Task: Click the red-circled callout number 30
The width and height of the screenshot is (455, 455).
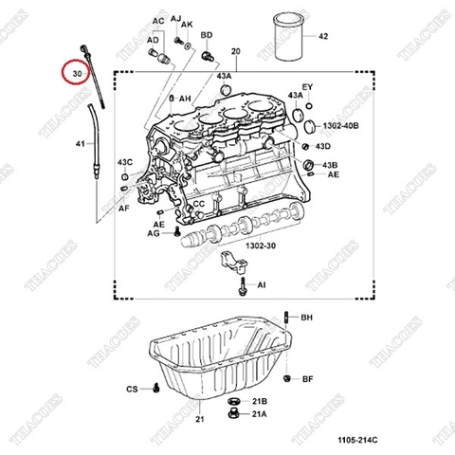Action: [x=75, y=72]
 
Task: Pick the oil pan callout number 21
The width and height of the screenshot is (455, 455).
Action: [x=200, y=419]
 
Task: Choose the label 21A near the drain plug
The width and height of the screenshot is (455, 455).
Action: [x=260, y=413]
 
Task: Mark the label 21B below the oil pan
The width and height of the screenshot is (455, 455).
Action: [x=260, y=401]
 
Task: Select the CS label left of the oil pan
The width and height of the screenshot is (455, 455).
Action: [x=132, y=389]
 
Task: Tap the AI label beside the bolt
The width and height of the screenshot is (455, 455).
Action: [x=262, y=283]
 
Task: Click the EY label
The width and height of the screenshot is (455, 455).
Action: [x=306, y=87]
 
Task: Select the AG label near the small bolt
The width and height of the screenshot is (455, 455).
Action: [x=154, y=232]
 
